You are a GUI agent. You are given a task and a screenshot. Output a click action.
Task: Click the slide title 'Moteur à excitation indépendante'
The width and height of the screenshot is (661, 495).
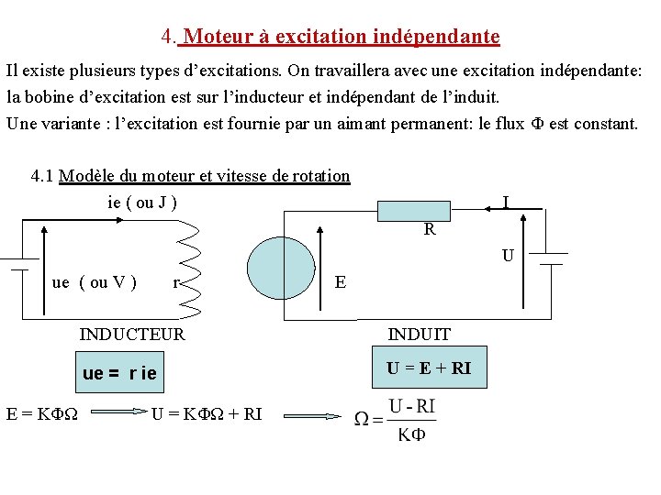pos(342,38)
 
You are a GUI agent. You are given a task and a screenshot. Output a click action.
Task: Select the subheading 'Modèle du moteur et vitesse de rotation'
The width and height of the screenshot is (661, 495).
pos(204,176)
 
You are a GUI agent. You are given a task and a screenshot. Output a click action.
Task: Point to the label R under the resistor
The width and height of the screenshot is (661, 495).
pos(430,230)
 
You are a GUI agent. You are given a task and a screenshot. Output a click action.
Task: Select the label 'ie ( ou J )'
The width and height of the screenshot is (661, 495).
pos(142,202)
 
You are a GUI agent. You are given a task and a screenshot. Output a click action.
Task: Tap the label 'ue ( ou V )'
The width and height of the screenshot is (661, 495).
pos(95,282)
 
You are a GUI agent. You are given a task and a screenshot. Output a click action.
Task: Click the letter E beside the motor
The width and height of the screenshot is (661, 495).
pos(341,282)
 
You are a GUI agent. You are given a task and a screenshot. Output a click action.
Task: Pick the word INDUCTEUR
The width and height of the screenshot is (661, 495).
pos(132,335)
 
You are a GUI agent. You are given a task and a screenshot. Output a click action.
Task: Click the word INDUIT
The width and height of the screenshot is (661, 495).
pos(420,335)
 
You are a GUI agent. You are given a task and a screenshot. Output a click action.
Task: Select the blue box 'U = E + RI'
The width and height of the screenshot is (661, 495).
pos(429,368)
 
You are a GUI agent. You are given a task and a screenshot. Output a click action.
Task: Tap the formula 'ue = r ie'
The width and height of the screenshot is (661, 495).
pos(119,374)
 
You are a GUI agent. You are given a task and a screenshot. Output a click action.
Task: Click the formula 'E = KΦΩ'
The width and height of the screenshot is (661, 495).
pos(41,413)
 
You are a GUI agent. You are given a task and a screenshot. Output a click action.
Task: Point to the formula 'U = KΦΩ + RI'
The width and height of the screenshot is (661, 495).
pos(207,413)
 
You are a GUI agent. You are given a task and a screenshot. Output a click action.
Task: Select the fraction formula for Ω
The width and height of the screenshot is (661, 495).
pos(397,420)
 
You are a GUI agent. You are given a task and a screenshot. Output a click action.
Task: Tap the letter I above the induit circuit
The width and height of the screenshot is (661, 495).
pos(506,202)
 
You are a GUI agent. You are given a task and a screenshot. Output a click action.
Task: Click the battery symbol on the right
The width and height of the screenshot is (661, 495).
pos(551,258)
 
